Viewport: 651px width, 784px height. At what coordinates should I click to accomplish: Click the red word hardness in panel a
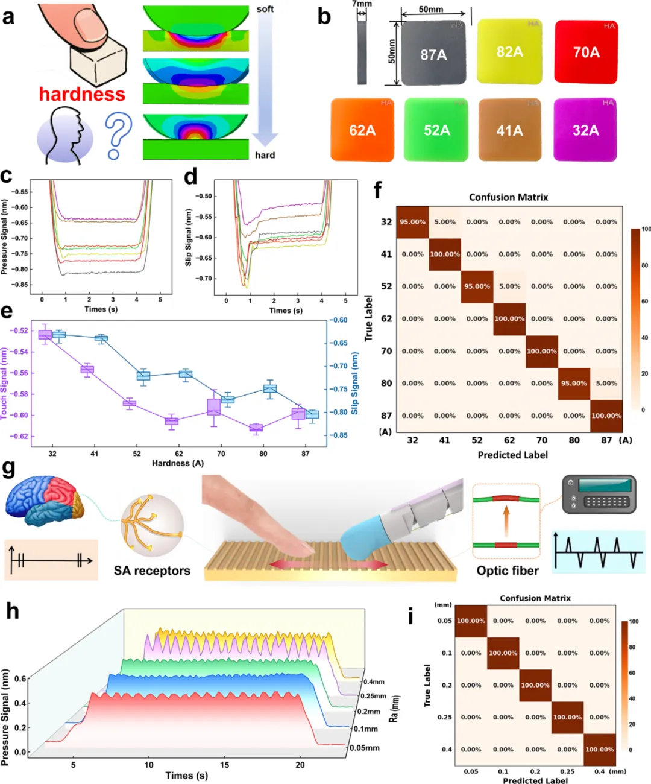[82, 94]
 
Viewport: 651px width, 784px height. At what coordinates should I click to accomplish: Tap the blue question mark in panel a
[118, 137]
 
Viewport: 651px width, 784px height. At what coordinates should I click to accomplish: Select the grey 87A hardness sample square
[433, 54]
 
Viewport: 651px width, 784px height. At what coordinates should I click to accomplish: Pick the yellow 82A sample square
[509, 51]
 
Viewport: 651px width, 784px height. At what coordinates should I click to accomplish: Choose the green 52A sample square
[436, 130]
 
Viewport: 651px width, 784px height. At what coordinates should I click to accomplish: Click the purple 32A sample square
[585, 130]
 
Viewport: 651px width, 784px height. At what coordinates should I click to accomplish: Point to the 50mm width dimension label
[431, 10]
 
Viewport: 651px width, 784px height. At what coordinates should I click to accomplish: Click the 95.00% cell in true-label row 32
[412, 222]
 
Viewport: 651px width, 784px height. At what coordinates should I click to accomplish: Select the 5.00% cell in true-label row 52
[509, 286]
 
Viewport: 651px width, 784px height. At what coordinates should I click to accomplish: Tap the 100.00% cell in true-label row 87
[606, 416]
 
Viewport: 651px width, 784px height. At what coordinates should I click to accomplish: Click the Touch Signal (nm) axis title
[5, 384]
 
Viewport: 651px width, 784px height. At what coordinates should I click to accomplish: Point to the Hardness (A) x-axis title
[178, 463]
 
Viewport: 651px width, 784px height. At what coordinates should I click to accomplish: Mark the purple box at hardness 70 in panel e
[213, 406]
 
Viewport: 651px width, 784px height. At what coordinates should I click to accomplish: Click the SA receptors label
[152, 571]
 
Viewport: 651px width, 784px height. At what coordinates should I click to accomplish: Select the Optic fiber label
[508, 571]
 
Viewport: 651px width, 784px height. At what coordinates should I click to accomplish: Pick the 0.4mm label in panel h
[374, 682]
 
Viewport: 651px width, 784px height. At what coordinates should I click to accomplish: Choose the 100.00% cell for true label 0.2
[535, 685]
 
